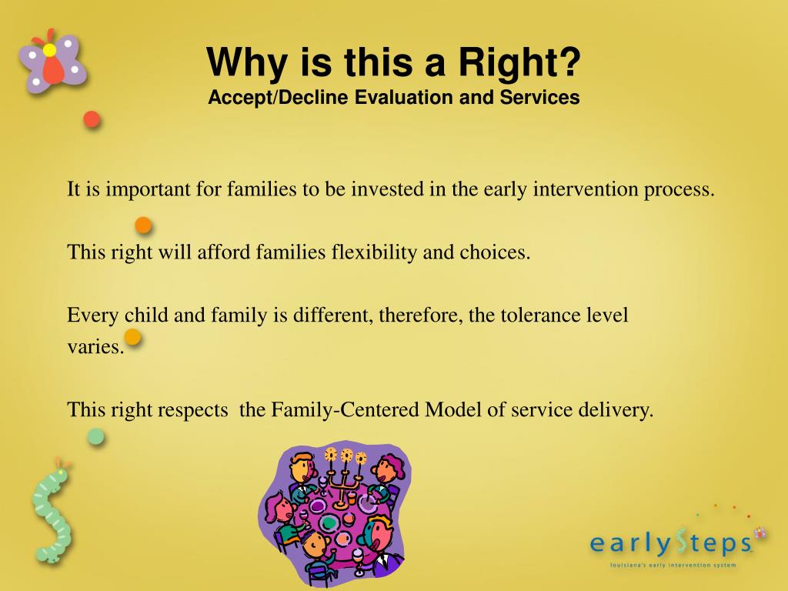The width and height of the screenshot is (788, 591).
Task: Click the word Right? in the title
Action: (x=519, y=62)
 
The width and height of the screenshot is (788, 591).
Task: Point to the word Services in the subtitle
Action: (x=539, y=97)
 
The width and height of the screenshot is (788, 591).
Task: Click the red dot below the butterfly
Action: (x=92, y=119)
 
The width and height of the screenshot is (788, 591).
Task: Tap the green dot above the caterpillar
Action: (x=95, y=437)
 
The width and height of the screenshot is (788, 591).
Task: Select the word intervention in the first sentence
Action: (x=586, y=189)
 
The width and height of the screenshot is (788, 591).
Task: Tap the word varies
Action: (x=95, y=347)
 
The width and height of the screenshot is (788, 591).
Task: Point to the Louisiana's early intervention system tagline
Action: (x=673, y=565)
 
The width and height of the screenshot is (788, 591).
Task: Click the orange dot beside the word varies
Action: (x=132, y=337)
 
